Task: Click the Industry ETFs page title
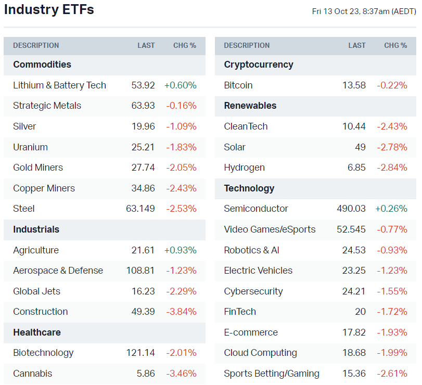pyautogui.click(x=49, y=9)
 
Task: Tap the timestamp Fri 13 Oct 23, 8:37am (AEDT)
pyautogui.click(x=364, y=11)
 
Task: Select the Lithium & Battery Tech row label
pyautogui.click(x=59, y=85)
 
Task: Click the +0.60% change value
pyautogui.click(x=181, y=85)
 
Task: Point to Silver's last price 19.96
pyautogui.click(x=143, y=126)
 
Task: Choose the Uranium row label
pyautogui.click(x=30, y=147)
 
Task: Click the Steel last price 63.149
pyautogui.click(x=140, y=209)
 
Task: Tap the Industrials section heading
pyautogui.click(x=36, y=229)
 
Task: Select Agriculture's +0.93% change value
pyautogui.click(x=181, y=250)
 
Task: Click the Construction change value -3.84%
pyautogui.click(x=182, y=312)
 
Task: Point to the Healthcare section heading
pyautogui.click(x=37, y=332)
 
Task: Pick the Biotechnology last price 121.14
pyautogui.click(x=140, y=353)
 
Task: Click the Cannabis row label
pyautogui.click(x=33, y=374)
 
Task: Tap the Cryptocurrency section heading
pyautogui.click(x=259, y=65)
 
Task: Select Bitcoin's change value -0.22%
pyautogui.click(x=392, y=85)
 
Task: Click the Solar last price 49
pyautogui.click(x=360, y=147)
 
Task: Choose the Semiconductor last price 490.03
pyautogui.click(x=351, y=209)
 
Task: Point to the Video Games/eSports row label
pyautogui.click(x=270, y=229)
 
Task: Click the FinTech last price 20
pyautogui.click(x=360, y=312)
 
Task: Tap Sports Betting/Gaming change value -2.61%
pyautogui.click(x=392, y=374)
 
